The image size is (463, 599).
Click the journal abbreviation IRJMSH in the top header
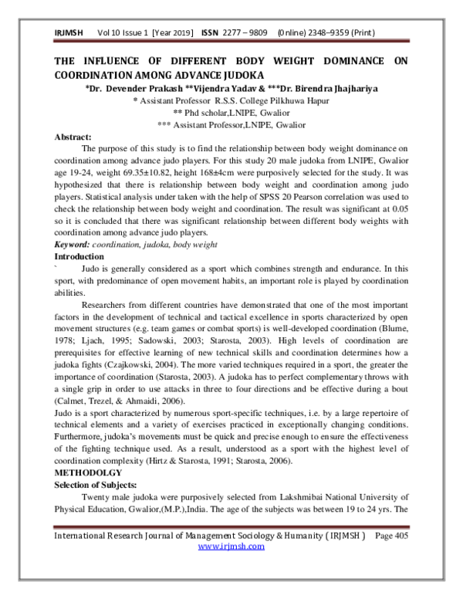[x=69, y=35]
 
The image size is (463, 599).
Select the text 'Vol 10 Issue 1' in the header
[x=123, y=35]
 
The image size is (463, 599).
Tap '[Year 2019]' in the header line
[x=174, y=35]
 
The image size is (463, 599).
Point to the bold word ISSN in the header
[x=210, y=35]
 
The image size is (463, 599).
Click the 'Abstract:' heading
[x=73, y=137]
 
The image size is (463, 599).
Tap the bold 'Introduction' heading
[x=79, y=256]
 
